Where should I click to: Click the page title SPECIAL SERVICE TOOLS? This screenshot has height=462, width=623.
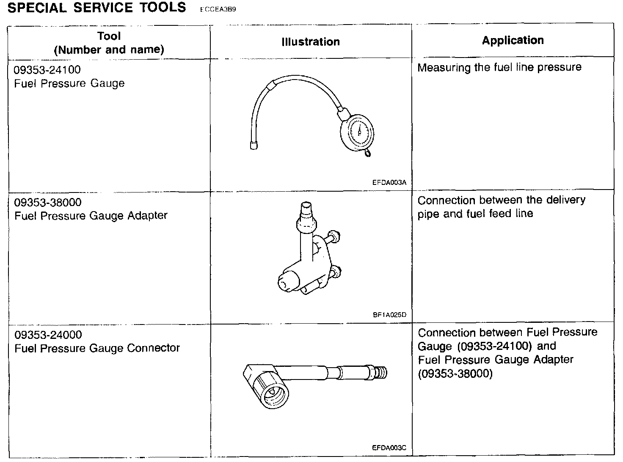coord(97,8)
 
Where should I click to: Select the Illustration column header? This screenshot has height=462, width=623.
coord(311,41)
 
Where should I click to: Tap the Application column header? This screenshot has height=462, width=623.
coord(513,40)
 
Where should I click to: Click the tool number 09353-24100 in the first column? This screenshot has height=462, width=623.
coord(47,69)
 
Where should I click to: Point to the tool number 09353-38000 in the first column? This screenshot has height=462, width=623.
coord(48,202)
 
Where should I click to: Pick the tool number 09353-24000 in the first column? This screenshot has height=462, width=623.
coord(48,335)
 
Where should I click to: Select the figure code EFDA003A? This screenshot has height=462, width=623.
coord(389,183)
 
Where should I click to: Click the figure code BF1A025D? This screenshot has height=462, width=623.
coord(389,315)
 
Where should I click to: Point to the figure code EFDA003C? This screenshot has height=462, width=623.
coord(389,448)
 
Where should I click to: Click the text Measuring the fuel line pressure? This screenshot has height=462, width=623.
coord(499,67)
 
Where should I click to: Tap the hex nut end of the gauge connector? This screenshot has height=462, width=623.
coord(267,387)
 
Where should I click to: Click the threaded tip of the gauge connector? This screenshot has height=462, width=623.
coord(382,373)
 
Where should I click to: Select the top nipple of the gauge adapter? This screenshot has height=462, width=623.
coord(306,211)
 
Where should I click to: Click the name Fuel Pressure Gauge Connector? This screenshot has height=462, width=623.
coord(97,348)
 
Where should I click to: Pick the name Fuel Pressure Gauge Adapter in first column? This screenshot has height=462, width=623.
coord(91,216)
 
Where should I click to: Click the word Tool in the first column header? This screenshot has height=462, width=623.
coord(109,36)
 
